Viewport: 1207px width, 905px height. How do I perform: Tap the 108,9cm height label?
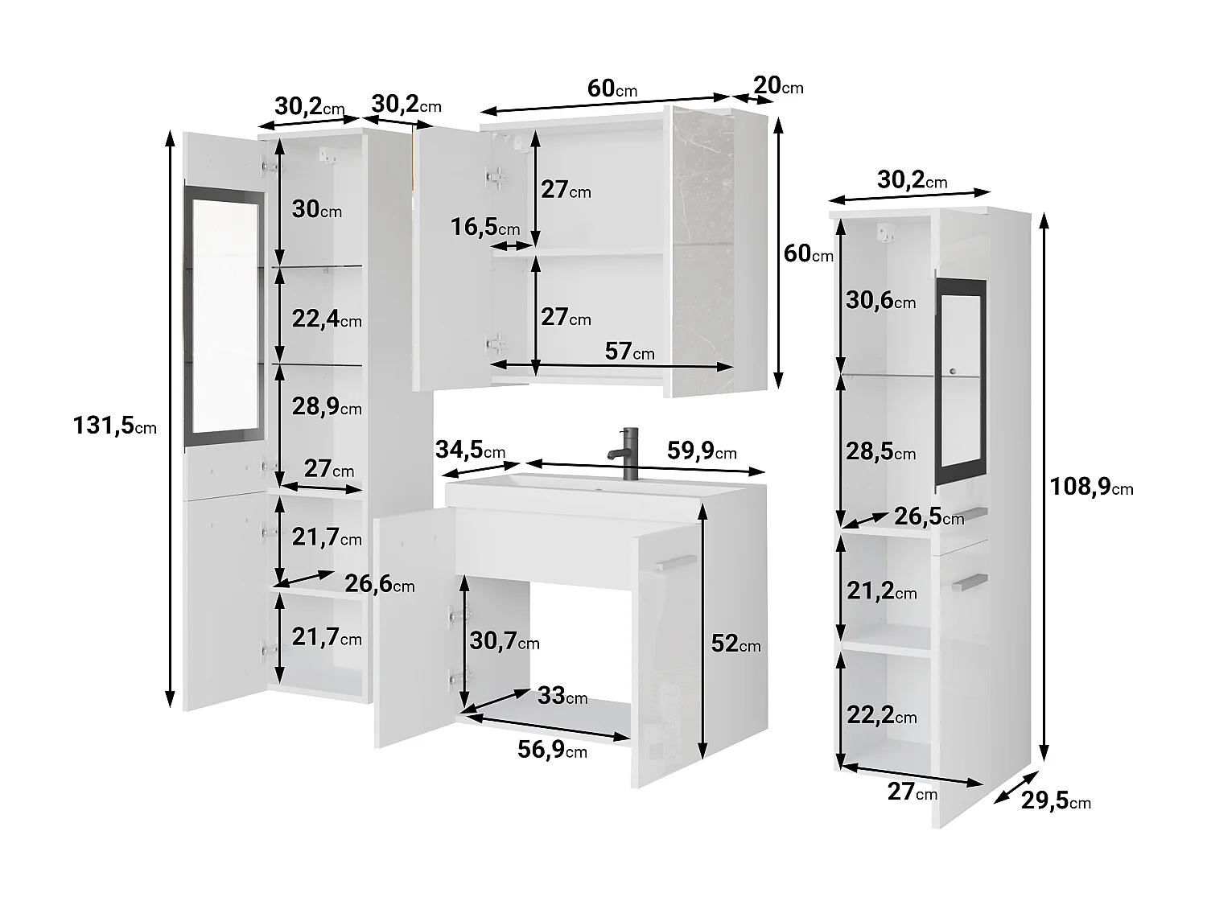pyautogui.click(x=1090, y=486)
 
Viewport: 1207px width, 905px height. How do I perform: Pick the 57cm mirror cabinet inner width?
pyautogui.click(x=629, y=351)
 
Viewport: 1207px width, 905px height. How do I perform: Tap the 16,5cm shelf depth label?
pyautogui.click(x=484, y=227)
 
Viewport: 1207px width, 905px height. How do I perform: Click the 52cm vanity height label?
pyautogui.click(x=735, y=644)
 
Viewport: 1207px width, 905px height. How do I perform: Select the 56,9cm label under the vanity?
pyautogui.click(x=552, y=750)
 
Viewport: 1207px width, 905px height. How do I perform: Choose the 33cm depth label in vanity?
pyautogui.click(x=562, y=695)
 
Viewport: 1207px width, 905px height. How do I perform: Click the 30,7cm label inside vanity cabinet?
pyautogui.click(x=505, y=641)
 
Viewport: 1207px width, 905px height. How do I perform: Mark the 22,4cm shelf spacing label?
pyautogui.click(x=327, y=319)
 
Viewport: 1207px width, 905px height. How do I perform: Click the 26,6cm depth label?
pyautogui.click(x=379, y=584)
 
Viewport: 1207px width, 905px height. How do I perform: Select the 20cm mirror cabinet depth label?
pyautogui.click(x=778, y=84)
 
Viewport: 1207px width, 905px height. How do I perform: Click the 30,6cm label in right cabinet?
pyautogui.click(x=880, y=301)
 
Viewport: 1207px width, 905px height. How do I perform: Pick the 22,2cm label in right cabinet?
pyautogui.click(x=881, y=714)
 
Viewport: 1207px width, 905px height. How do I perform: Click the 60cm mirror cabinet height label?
pyautogui.click(x=808, y=253)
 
